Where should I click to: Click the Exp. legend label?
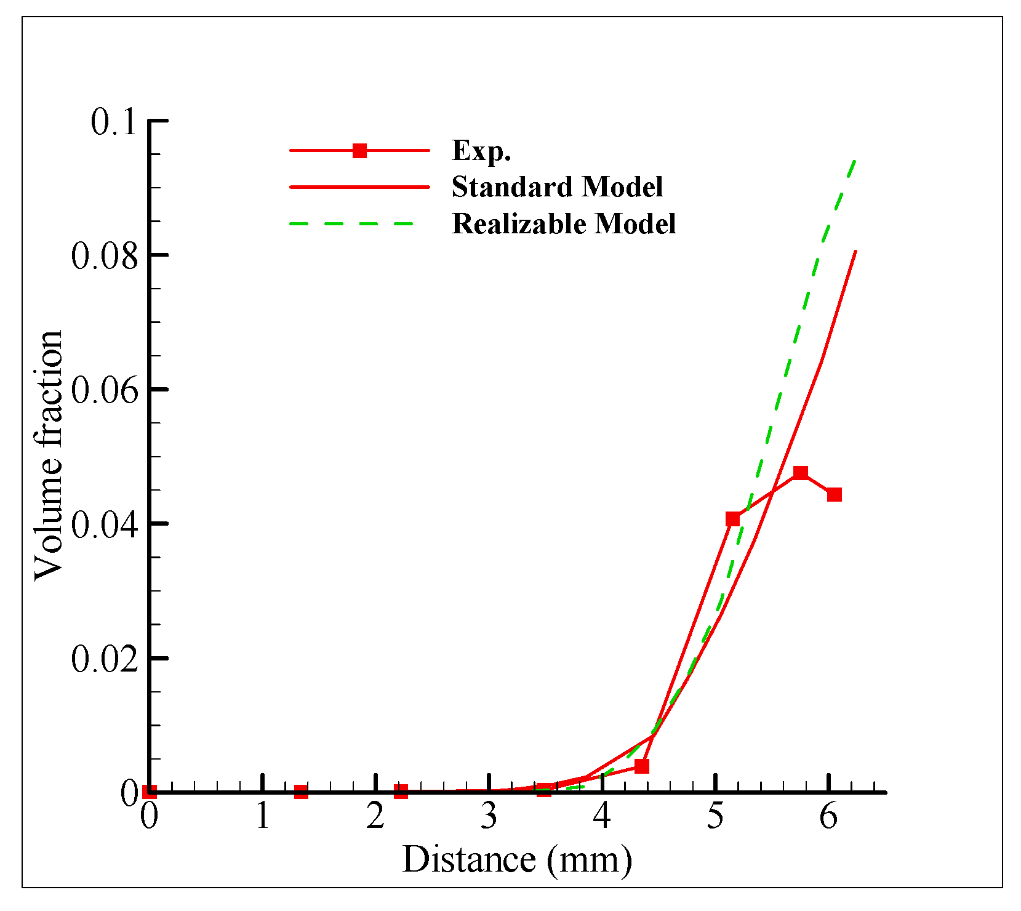coord(481,151)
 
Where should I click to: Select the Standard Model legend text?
coord(557,187)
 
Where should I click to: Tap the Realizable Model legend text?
coord(564,224)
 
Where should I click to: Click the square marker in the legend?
coord(359,151)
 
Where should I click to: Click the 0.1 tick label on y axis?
coord(113,122)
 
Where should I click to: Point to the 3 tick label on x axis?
coord(489,817)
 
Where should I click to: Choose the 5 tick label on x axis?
coord(715,817)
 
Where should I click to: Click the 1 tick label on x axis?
coord(263,817)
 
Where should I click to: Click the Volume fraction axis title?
coord(49,455)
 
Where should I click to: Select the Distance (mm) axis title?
coord(517,860)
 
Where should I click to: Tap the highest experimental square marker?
coord(800,473)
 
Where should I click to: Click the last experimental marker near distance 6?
coord(834,494)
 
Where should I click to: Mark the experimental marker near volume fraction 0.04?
coord(732,519)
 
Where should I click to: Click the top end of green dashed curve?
coord(855,160)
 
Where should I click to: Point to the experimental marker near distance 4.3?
coord(641,766)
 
